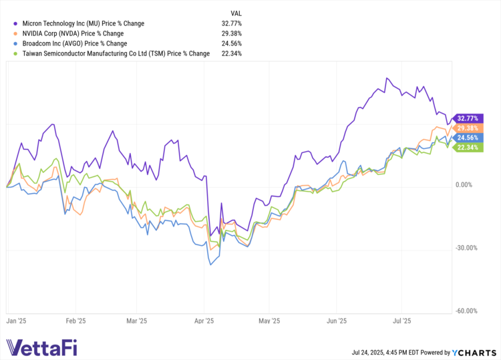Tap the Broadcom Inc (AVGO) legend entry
click(x=74, y=43)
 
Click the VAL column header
click(x=236, y=13)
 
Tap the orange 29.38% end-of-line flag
click(x=466, y=128)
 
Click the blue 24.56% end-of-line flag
click(x=466, y=138)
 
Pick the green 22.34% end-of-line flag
click(x=466, y=148)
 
